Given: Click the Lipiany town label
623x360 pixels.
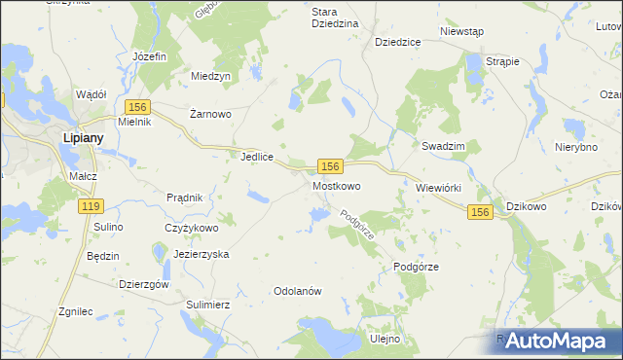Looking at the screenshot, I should (83, 138).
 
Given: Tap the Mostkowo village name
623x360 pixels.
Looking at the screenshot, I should (337, 185).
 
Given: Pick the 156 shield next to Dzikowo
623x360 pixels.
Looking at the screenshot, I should (479, 211).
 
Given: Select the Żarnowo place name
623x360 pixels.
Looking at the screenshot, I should (210, 114).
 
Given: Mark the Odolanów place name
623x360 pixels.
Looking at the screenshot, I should (298, 291).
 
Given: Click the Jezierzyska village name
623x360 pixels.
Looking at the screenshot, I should (201, 253).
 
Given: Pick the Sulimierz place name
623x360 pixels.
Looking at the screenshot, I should (206, 304).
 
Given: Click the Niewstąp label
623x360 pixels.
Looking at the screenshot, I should (461, 32).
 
